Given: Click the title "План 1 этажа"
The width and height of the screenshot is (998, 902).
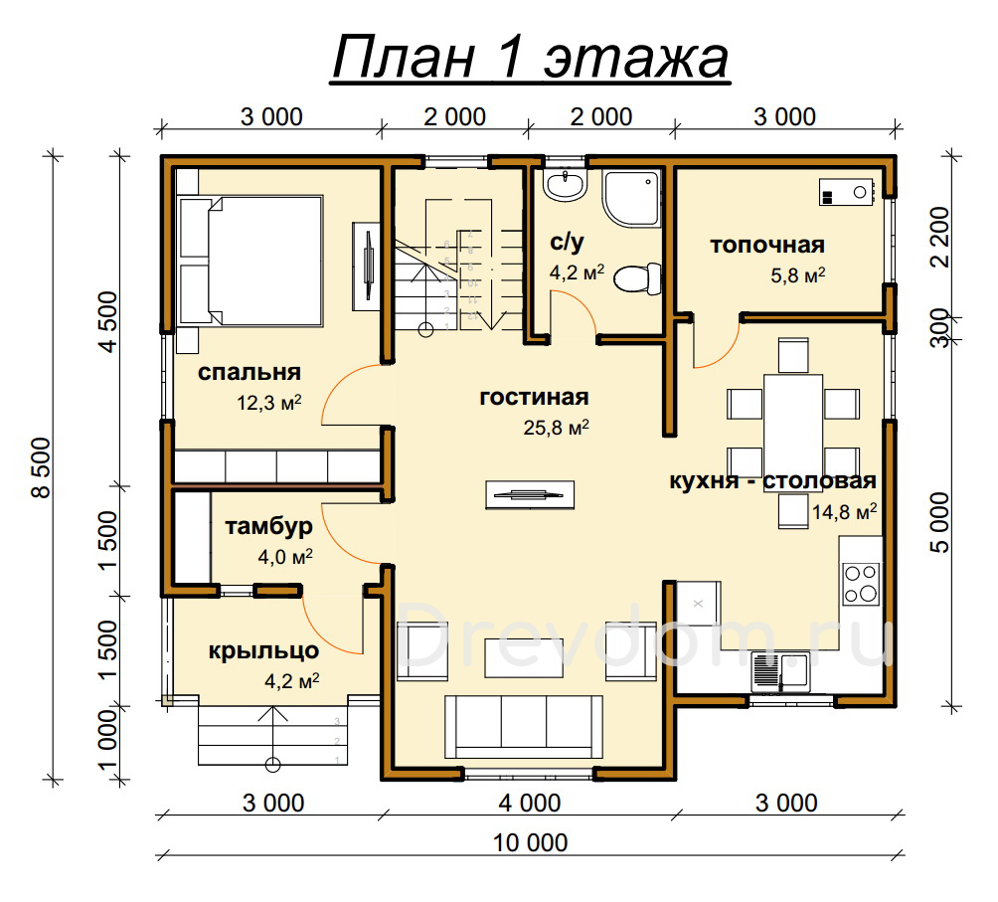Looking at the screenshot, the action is pos(530,58).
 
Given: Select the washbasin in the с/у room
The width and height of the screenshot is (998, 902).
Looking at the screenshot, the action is pos(564,185).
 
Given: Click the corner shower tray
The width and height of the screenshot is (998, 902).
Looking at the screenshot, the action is pos(631,198).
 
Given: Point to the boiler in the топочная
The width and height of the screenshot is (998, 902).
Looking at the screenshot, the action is pos(846,192).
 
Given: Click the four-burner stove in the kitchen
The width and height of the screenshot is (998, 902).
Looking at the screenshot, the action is pos(861,584).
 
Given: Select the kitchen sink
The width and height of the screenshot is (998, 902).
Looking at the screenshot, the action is pos(780,671).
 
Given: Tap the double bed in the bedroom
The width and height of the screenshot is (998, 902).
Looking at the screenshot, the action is pos(250,262).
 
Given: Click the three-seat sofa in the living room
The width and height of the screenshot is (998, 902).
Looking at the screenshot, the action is pos(523,726).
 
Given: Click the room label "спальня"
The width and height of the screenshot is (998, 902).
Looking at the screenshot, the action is pos(249,372).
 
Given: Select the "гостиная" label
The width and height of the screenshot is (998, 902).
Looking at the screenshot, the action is pos(534,397).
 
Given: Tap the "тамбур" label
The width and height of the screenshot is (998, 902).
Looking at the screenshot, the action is pos(268,526).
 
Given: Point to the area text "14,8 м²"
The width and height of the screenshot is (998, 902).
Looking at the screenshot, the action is pos(845,511).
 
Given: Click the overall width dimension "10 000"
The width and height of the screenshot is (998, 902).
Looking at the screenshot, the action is pos(530,842).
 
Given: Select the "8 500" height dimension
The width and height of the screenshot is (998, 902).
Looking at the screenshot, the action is pos(42,467).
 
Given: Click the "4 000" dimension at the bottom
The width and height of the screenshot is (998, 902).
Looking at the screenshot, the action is pos(530,804).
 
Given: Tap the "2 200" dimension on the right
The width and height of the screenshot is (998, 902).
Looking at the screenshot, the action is pos(940,237).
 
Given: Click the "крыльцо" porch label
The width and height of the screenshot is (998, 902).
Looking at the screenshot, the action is pos(263,651).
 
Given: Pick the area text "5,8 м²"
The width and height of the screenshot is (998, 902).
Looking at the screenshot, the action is pos(798,275).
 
